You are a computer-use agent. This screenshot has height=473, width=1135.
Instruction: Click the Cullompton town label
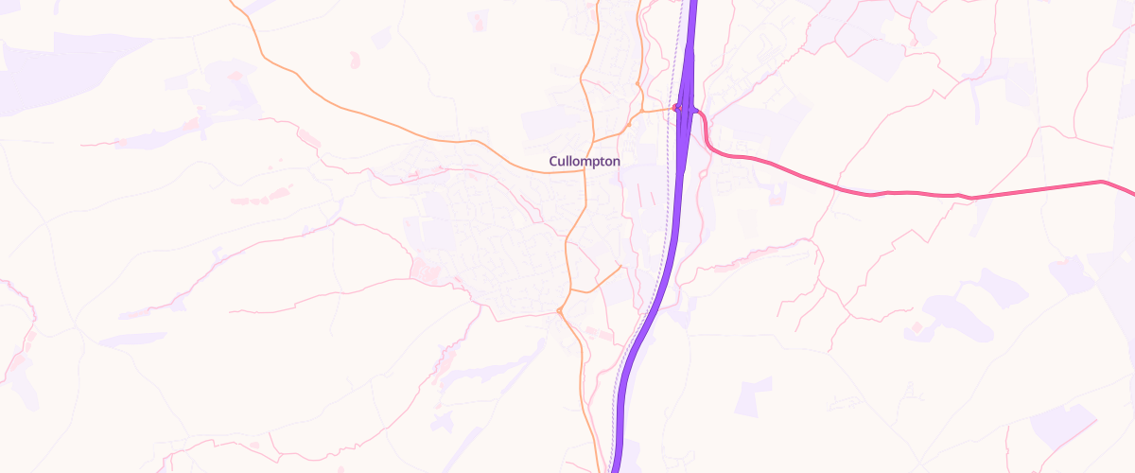[585, 162]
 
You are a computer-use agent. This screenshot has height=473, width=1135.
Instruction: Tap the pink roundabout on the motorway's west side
[676, 108]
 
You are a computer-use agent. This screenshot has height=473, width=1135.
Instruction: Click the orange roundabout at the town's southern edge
[560, 310]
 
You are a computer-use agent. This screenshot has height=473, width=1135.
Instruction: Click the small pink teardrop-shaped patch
[356, 60]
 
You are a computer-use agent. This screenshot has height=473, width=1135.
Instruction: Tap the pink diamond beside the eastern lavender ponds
[916, 328]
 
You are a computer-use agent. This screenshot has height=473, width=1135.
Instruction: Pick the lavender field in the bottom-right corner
[1064, 426]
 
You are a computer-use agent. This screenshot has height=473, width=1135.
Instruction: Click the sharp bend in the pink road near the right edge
[1102, 181]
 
